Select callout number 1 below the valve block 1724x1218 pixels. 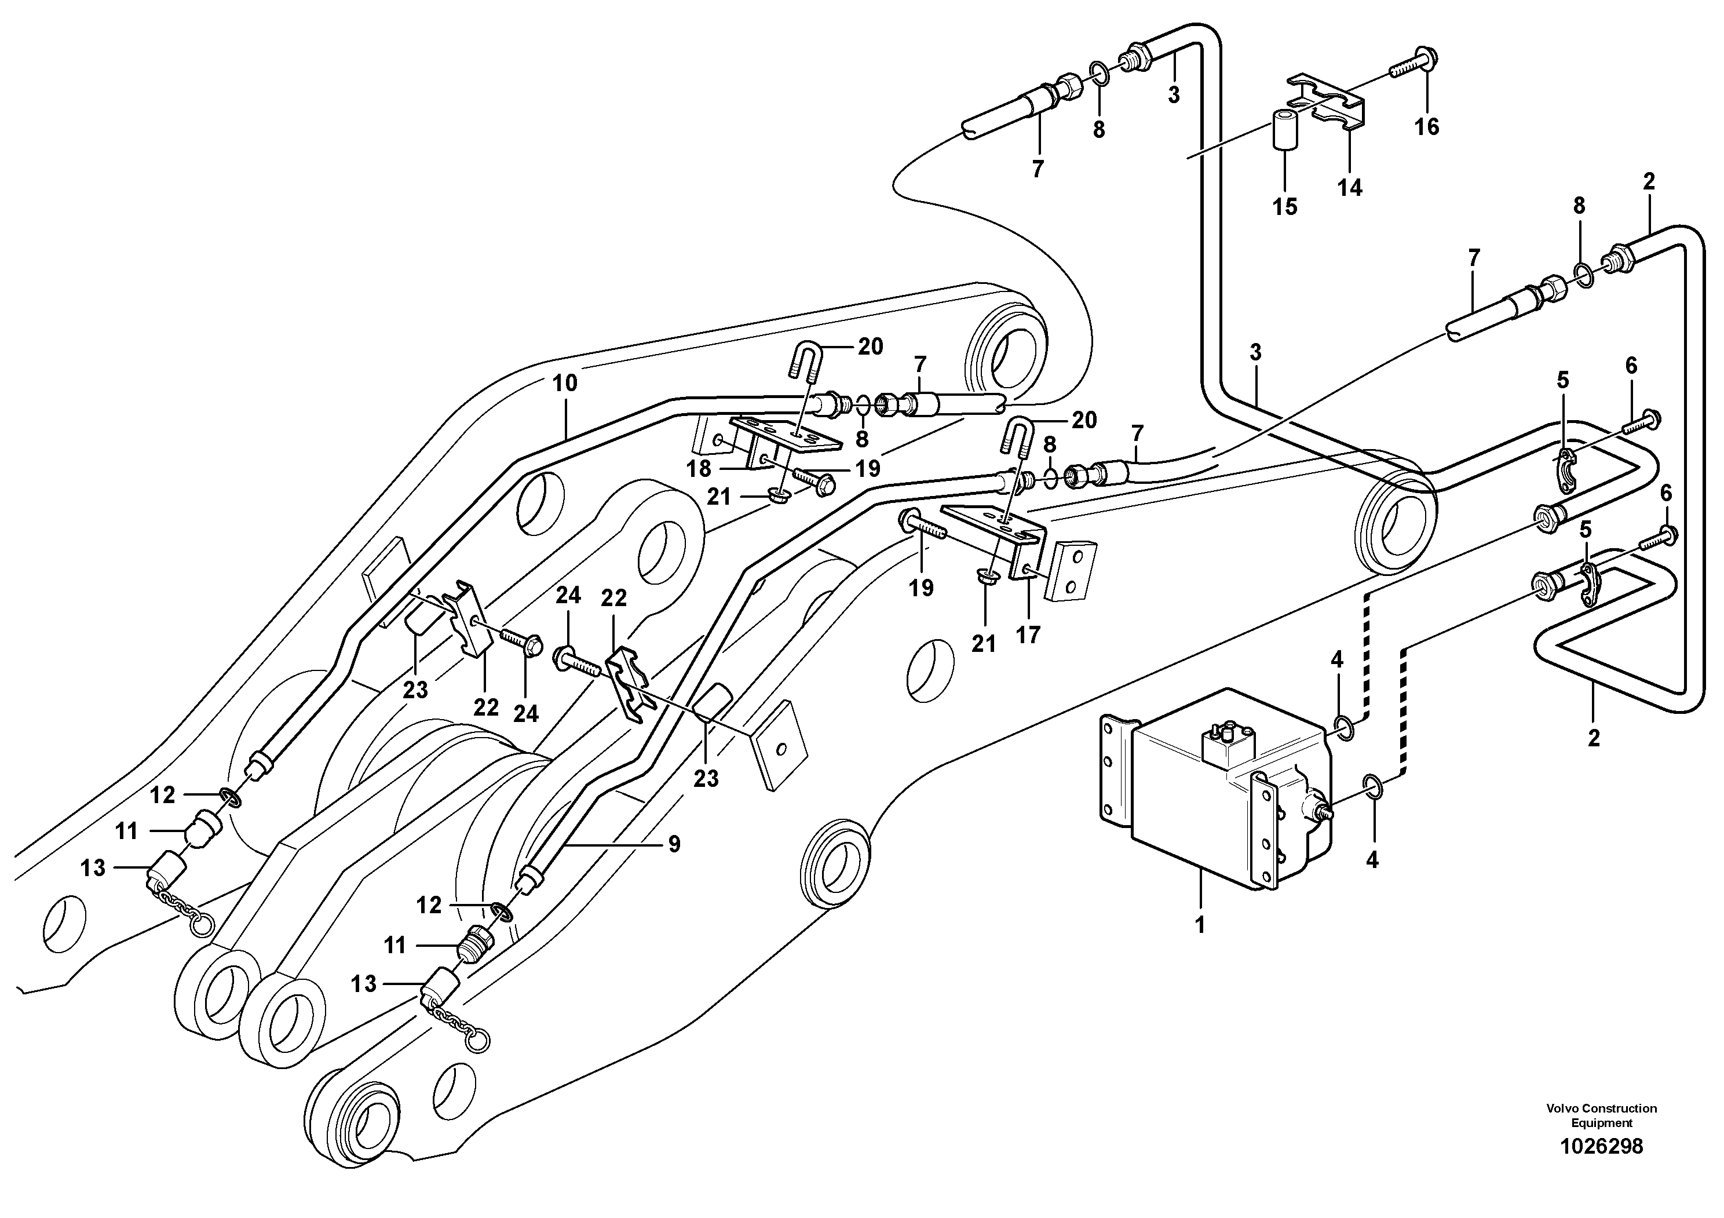1199,925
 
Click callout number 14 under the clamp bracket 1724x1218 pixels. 1349,187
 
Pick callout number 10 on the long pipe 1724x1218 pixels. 565,383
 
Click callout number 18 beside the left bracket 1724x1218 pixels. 699,469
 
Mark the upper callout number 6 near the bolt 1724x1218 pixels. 1631,366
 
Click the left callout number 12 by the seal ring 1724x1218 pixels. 162,794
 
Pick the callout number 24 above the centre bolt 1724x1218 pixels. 568,596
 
